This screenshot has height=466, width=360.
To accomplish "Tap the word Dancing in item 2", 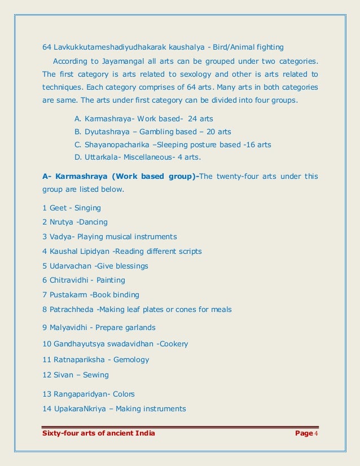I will [93, 222].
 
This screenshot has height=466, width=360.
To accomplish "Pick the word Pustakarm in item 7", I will [70, 294].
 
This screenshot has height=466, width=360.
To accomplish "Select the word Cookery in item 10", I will [173, 344].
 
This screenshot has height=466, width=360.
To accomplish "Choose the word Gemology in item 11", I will [131, 359].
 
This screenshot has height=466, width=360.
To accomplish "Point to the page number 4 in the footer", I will [317, 433].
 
